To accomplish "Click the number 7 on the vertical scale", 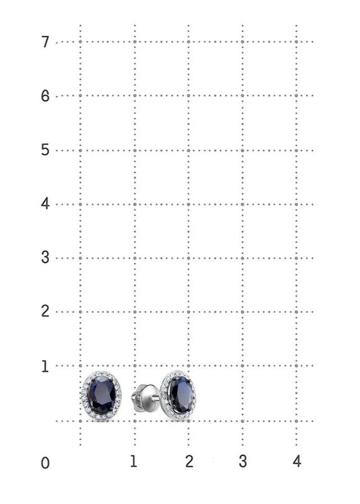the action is [x=45, y=42].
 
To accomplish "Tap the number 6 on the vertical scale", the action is [x=45, y=96].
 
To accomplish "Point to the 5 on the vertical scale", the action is [x=45, y=150].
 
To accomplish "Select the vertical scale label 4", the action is [x=45, y=204].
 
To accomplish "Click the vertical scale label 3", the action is [x=45, y=257].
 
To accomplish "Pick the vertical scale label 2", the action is [x=45, y=311].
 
